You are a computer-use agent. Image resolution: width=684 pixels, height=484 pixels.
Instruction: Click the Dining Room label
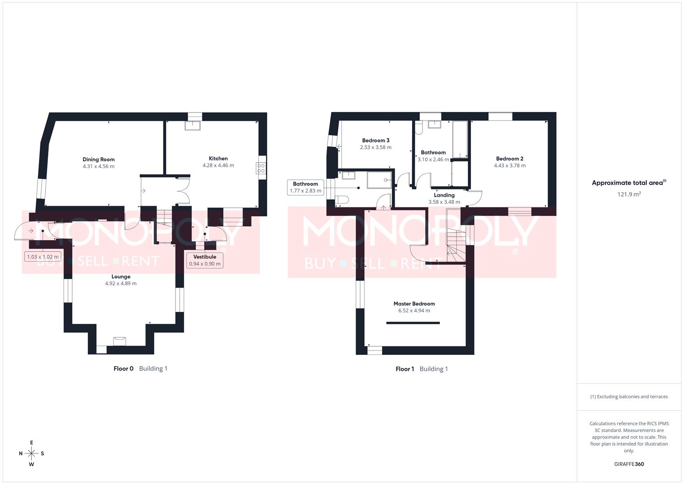coord(99,160)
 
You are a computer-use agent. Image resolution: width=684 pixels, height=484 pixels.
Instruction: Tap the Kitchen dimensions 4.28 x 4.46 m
coord(218,165)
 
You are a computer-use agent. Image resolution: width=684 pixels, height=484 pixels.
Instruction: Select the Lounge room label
coord(121,277)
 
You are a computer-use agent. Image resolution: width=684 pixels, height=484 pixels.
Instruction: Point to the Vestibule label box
coord(205,260)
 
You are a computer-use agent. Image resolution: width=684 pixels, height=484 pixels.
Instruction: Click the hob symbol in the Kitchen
coord(261,168)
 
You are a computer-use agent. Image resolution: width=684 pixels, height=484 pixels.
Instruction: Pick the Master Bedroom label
coord(414,304)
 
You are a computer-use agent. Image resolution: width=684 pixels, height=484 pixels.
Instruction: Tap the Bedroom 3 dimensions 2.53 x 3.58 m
coord(375,147)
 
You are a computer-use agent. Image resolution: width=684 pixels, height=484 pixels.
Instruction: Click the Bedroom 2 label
coord(509,159)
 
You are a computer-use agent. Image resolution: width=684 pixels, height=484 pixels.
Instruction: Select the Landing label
coord(444,195)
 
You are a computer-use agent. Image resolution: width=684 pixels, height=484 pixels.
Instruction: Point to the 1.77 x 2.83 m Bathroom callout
coord(305,187)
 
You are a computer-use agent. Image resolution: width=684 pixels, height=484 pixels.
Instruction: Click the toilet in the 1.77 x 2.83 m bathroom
coord(342,199)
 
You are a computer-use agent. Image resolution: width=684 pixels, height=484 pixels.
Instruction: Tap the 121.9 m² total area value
coord(629,194)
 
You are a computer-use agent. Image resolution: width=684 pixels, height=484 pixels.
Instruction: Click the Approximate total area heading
coord(629,183)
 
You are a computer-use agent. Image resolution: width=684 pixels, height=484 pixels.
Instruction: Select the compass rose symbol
coord(31,454)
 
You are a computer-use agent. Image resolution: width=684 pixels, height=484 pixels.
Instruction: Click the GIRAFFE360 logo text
coord(629,464)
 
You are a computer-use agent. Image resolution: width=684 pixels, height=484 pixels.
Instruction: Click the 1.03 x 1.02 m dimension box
coord(43,257)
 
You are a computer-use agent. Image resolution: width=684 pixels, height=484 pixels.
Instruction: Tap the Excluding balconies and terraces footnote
coord(629,397)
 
